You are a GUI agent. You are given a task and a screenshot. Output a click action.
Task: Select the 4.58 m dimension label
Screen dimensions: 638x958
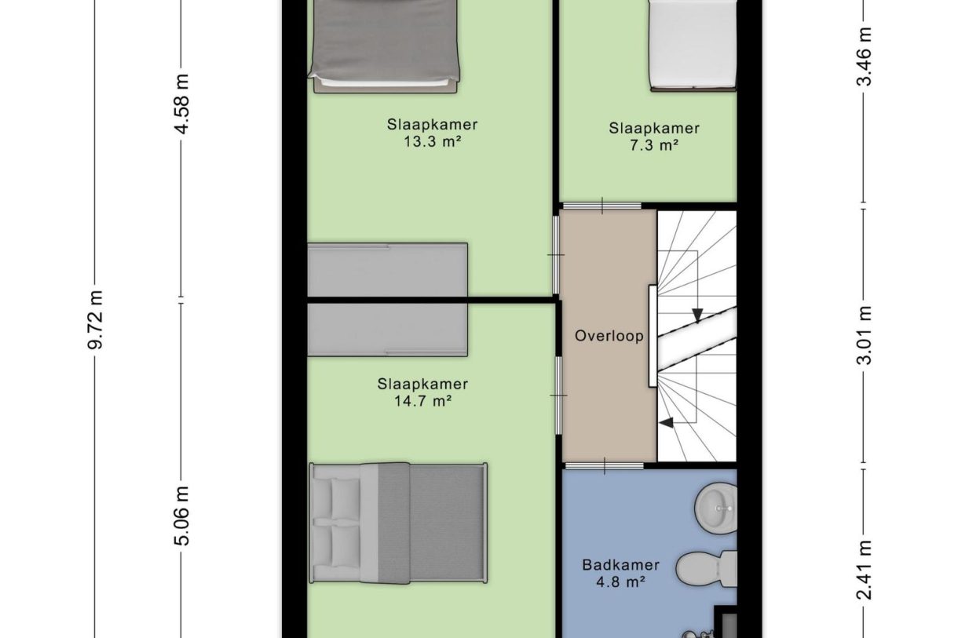click(182, 104)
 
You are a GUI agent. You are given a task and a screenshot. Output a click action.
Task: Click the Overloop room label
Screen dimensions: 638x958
click(609, 336)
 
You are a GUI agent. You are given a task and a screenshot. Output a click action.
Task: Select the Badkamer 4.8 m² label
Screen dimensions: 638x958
click(620, 573)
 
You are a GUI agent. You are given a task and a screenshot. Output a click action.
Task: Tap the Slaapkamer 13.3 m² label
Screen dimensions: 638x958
click(432, 133)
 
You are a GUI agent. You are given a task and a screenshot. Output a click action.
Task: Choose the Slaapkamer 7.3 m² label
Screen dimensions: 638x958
click(653, 137)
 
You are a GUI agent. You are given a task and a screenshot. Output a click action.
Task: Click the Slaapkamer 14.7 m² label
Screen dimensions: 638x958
click(422, 392)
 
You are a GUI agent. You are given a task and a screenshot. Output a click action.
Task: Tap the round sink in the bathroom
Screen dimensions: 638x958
click(715, 506)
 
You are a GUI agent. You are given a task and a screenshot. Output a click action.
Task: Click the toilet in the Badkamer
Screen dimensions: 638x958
click(706, 570)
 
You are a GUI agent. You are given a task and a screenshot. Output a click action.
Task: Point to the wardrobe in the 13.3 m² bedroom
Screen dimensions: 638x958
click(387, 271)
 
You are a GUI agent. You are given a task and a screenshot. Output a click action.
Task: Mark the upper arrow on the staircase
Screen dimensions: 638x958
click(697, 315)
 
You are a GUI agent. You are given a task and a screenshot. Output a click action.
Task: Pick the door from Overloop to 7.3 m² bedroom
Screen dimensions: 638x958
click(603, 206)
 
